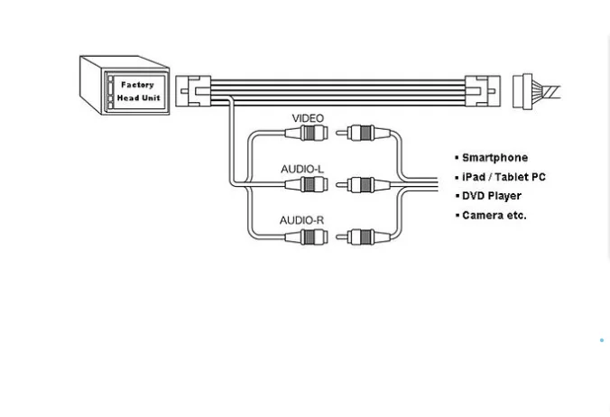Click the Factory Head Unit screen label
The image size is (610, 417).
[x=138, y=91]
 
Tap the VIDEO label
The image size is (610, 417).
[x=308, y=118]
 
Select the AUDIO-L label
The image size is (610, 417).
[x=301, y=169]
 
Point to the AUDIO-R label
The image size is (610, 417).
[x=301, y=220]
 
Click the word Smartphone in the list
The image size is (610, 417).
[x=494, y=158]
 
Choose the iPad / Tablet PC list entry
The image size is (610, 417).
[x=504, y=177]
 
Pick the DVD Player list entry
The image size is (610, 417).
[x=492, y=196]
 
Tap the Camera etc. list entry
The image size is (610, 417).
[x=494, y=216]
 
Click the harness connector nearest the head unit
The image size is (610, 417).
[x=192, y=91]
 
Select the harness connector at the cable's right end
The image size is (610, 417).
[x=482, y=91]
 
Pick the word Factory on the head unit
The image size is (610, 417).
[x=137, y=85]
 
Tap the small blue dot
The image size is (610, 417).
[x=602, y=340]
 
